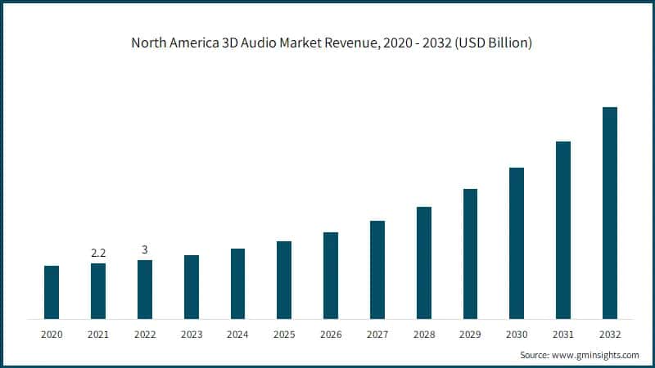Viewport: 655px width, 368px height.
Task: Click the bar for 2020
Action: point(52,292)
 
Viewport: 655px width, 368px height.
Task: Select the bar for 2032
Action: point(609,213)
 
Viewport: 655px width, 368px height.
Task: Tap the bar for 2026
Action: point(331,275)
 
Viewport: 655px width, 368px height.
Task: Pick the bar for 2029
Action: point(470,254)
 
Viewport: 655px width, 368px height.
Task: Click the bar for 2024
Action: point(237,283)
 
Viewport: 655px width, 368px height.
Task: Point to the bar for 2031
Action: point(563,230)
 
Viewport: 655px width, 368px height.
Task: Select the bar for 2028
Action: point(423,263)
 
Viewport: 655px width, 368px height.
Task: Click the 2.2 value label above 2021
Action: point(98,254)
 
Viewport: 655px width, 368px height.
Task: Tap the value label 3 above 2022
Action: point(145,249)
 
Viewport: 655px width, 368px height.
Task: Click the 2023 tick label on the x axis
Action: point(191,334)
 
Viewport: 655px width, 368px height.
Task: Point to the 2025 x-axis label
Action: point(284,334)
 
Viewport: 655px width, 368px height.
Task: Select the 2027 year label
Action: point(377,334)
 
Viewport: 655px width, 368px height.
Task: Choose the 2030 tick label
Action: point(517,334)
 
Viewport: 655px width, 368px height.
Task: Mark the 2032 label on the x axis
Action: point(609,334)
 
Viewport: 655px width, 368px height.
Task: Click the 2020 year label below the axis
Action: point(52,334)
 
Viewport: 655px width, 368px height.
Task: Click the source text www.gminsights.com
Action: point(594,355)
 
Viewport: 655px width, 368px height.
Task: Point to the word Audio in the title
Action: point(261,43)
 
